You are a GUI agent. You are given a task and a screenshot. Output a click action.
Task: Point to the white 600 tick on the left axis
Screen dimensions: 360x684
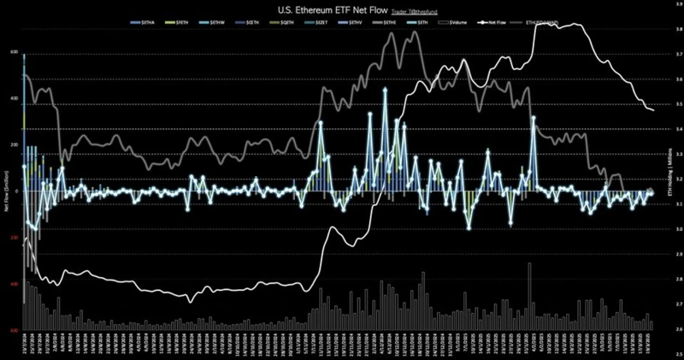click(x=14, y=51)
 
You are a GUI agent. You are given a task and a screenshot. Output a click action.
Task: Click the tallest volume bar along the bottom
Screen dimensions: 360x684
click(x=530, y=264)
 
